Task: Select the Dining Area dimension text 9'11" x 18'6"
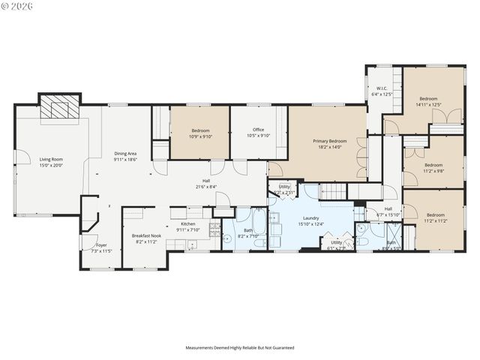tap(125, 159)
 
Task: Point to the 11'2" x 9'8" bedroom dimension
tap(433, 171)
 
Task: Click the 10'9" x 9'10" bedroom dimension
tap(199, 136)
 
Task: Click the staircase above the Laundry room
tap(335, 193)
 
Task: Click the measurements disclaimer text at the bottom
tap(240, 348)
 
